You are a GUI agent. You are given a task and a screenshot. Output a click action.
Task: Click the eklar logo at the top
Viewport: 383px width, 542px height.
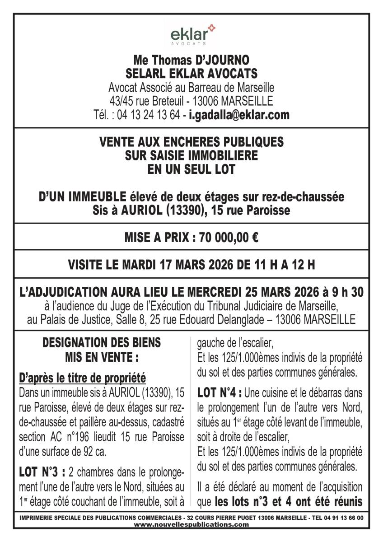pos(192,34)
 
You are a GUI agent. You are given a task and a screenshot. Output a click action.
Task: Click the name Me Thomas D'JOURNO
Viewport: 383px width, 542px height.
pos(191,60)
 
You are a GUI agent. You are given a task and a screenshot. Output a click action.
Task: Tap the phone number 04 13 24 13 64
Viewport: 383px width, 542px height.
pos(152,115)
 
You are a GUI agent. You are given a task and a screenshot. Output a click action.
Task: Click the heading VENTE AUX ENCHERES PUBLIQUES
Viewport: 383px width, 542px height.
pos(191,142)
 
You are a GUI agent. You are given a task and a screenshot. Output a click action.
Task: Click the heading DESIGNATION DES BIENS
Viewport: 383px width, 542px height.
pos(101,342)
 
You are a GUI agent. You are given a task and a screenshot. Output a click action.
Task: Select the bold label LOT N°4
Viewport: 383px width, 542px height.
pos(221,393)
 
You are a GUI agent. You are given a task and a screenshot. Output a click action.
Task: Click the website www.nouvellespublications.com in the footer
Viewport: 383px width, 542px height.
pos(191,524)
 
